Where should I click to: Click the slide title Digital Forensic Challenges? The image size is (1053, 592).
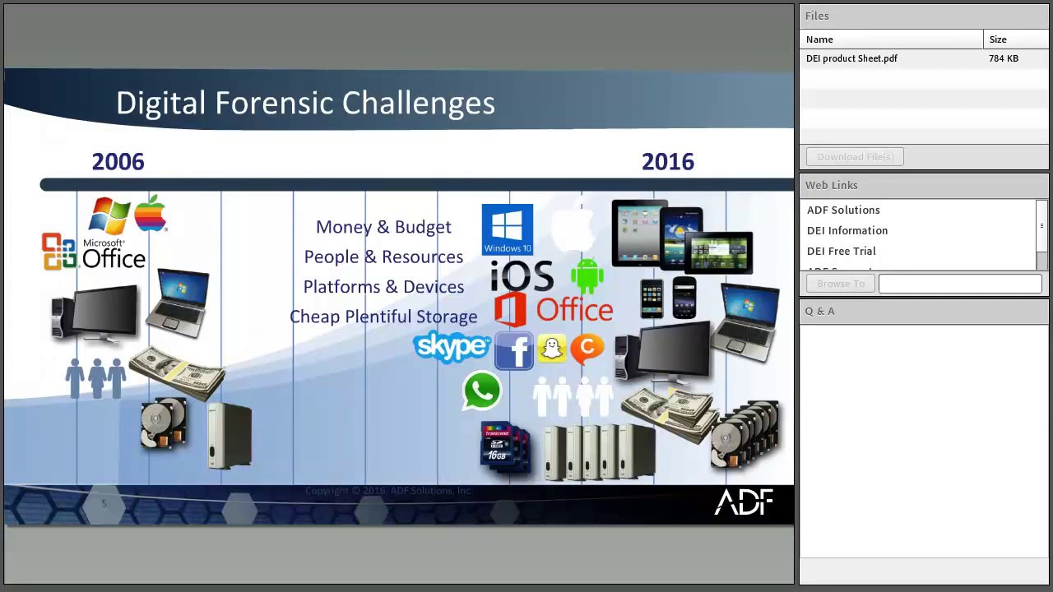point(305,103)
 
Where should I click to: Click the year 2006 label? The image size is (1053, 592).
point(118,162)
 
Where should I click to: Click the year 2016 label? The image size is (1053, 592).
point(667,162)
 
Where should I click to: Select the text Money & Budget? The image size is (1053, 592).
point(383,227)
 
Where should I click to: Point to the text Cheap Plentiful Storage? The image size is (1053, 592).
point(383,317)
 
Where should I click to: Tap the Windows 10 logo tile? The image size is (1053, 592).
point(508,229)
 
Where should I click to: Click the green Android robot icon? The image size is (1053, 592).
point(587,275)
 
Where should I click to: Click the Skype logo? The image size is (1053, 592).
point(452,347)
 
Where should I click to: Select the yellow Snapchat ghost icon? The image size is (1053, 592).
point(551,349)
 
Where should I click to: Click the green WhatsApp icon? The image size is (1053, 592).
point(482,391)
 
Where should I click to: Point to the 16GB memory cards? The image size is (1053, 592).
point(504,447)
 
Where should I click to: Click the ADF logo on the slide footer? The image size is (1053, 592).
point(744,502)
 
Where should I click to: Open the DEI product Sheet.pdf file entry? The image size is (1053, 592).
point(851,58)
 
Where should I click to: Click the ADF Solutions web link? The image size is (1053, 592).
point(843,210)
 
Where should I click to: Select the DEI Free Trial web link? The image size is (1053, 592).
point(841,251)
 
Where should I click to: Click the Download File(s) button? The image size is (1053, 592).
point(855,156)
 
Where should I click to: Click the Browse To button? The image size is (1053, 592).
point(841,284)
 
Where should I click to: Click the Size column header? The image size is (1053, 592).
point(998,39)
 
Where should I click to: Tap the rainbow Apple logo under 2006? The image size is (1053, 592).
point(151,214)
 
